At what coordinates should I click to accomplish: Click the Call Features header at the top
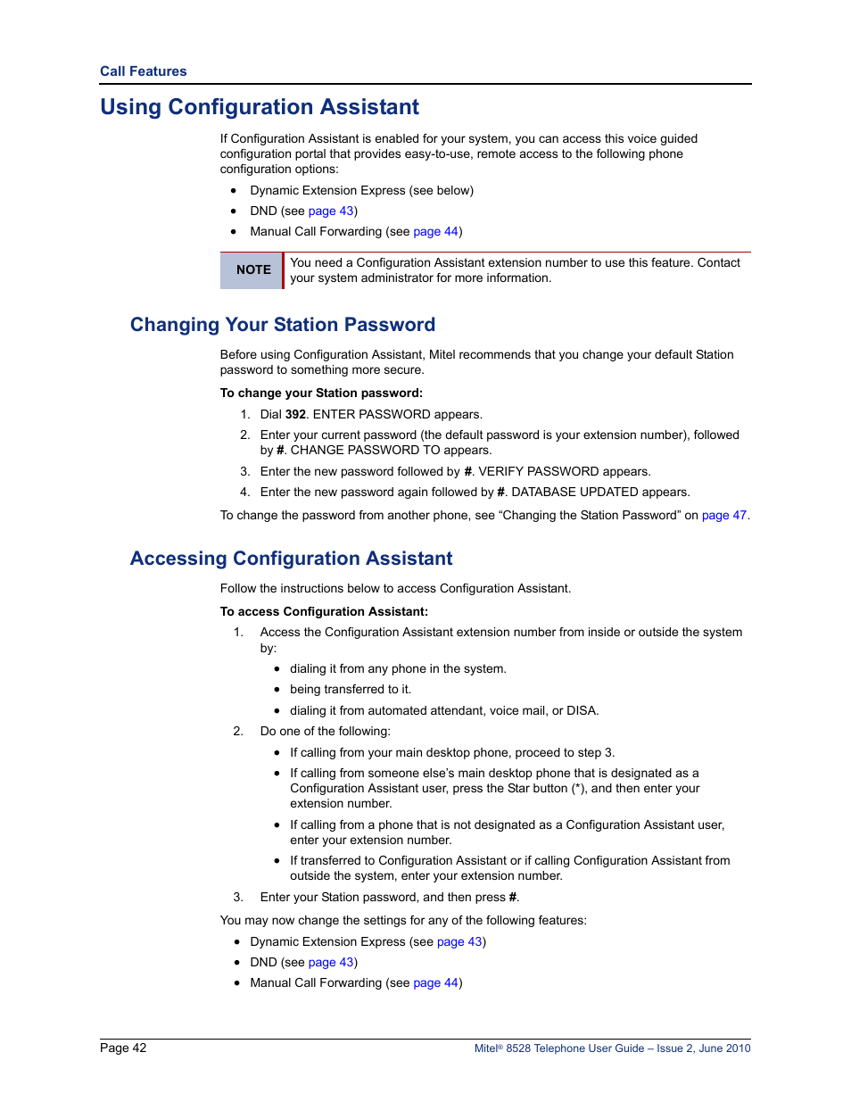tap(143, 71)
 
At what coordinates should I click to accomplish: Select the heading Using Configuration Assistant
tap(260, 107)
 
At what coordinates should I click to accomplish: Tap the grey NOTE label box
tap(252, 269)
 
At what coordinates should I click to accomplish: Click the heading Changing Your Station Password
tap(283, 325)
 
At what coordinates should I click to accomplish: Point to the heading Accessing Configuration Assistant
tap(291, 559)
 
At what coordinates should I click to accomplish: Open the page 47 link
tap(723, 516)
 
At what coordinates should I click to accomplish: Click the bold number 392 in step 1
tap(295, 415)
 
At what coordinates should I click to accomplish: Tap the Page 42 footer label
tap(123, 1048)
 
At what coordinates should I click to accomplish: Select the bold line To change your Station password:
tap(321, 394)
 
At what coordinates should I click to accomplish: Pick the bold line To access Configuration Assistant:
tap(324, 612)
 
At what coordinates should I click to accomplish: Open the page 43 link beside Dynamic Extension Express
tap(459, 942)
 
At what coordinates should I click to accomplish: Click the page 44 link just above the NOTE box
tap(435, 232)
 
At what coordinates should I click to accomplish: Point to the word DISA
tap(581, 711)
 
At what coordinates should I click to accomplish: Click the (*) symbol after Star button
tap(579, 789)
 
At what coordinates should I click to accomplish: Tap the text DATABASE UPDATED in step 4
tap(574, 493)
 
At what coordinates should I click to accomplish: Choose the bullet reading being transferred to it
tap(350, 690)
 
